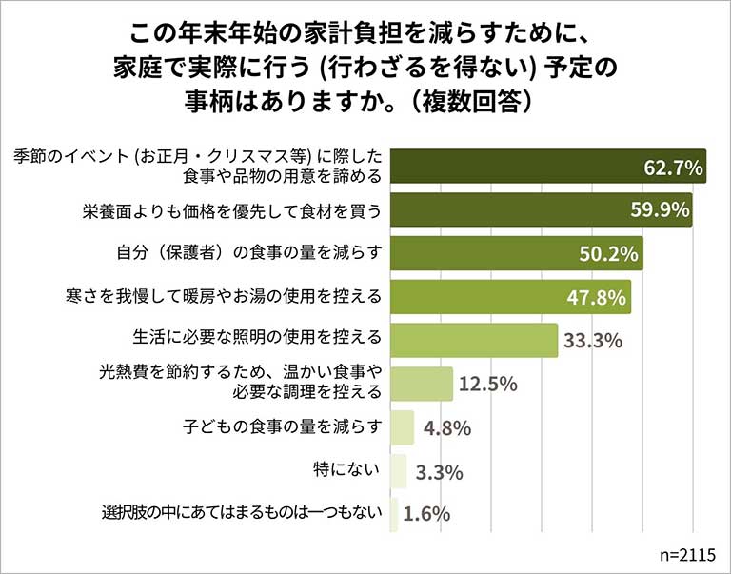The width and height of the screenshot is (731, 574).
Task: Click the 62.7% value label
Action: point(673,168)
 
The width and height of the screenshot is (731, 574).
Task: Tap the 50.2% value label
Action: point(609,254)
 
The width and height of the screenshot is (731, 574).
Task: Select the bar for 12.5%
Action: point(422,384)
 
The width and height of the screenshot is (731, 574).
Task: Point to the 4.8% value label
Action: point(446,427)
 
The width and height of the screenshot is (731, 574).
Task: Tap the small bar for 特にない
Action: point(399,470)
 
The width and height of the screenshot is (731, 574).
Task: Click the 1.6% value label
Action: point(426,514)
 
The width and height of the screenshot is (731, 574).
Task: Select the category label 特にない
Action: point(347,470)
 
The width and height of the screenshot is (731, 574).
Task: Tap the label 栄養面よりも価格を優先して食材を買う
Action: point(231,211)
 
